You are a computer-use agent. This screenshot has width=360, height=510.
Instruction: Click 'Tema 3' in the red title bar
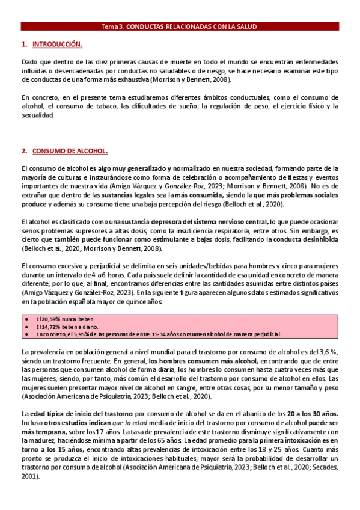click(x=111, y=27)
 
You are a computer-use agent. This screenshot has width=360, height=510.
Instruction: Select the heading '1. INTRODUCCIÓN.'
click(x=52, y=45)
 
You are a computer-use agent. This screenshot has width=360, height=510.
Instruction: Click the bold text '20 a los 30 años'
click(x=308, y=414)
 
